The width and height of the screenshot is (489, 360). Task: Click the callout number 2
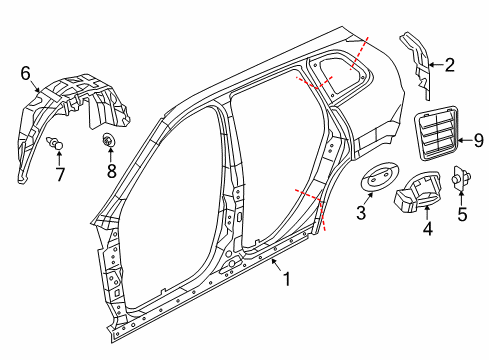point(449,67)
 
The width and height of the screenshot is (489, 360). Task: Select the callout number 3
point(361,213)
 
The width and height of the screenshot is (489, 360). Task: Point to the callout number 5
point(461,213)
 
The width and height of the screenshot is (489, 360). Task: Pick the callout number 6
point(26,72)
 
